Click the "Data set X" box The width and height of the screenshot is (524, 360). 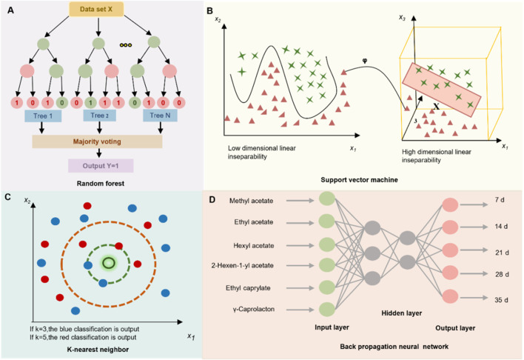point(96,10)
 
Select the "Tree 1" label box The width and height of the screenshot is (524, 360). point(43,116)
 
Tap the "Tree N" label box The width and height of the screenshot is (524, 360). point(160,116)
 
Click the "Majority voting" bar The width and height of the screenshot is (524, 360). point(97,141)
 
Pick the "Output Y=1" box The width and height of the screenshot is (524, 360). point(101,166)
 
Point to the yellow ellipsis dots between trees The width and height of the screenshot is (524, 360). point(126,45)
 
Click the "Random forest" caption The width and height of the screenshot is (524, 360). point(100,184)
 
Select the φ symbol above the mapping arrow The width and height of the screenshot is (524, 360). point(365,61)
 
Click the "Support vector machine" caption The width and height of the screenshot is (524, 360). point(359,180)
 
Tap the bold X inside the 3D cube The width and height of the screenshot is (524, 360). point(436,107)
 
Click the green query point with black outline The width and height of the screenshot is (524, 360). point(108,263)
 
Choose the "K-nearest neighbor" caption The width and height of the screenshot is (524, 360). point(98,350)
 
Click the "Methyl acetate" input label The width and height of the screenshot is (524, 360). point(251,201)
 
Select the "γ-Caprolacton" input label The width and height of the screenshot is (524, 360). point(254,309)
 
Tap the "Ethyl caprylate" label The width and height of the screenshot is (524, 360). point(248,288)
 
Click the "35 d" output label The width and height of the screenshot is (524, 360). point(501,300)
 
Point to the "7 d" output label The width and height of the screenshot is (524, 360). point(500,200)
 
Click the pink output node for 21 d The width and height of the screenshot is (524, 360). point(450,250)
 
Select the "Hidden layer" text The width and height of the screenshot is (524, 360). point(401,313)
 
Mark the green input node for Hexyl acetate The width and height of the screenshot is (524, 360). point(327,244)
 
